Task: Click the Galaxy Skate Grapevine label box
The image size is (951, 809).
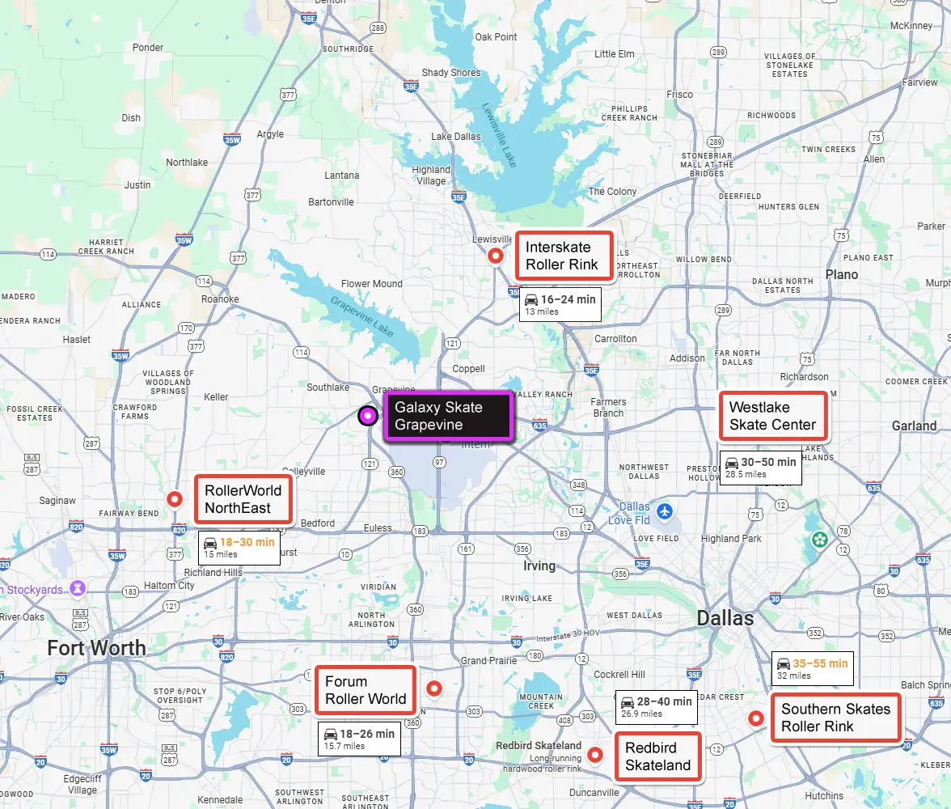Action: pyautogui.click(x=447, y=416)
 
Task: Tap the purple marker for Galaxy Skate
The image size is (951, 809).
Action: pyautogui.click(x=368, y=416)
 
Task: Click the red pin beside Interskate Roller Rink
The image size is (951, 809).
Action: pyautogui.click(x=497, y=256)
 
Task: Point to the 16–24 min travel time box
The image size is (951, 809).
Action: pyautogui.click(x=560, y=303)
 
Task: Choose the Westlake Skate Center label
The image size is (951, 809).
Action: pyautogui.click(x=773, y=416)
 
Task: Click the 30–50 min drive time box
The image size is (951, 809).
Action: pyautogui.click(x=760, y=467)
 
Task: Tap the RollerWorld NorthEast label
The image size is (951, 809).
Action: pyautogui.click(x=243, y=499)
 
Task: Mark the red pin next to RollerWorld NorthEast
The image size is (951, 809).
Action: pyautogui.click(x=174, y=499)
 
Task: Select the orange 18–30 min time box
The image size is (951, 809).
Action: pyautogui.click(x=239, y=547)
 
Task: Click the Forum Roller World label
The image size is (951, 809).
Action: pyautogui.click(x=366, y=690)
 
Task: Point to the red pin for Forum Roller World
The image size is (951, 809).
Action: pyautogui.click(x=434, y=688)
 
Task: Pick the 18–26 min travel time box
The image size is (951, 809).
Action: pyautogui.click(x=359, y=739)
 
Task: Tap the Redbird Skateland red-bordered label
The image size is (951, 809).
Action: pyautogui.click(x=657, y=756)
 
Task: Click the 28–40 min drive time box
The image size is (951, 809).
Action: pyautogui.click(x=656, y=706)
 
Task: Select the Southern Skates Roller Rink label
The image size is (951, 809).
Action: pyautogui.click(x=835, y=718)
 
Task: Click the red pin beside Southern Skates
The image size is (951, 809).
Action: pyautogui.click(x=756, y=718)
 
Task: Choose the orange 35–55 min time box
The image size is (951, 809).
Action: pyautogui.click(x=812, y=668)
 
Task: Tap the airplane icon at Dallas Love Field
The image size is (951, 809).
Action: pyautogui.click(x=665, y=511)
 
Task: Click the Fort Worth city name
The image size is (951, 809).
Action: pyautogui.click(x=96, y=648)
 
